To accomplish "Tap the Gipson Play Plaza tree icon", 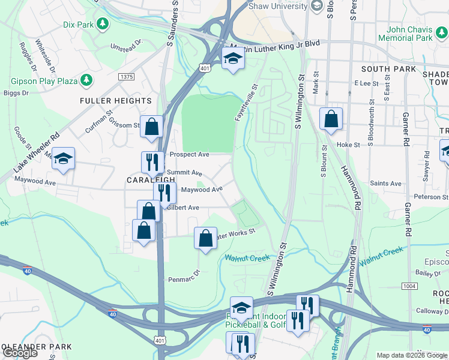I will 87,80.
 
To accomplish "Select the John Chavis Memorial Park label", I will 409,33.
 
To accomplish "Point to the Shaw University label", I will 280,5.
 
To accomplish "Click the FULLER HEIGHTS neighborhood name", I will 116,101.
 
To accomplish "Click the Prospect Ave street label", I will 189,154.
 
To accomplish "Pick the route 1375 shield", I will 126,77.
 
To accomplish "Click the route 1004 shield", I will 409,286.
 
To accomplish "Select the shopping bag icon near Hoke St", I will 331,119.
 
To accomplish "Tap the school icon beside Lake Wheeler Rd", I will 62,158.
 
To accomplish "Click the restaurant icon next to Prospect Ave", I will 152,162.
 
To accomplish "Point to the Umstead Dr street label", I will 126,46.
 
